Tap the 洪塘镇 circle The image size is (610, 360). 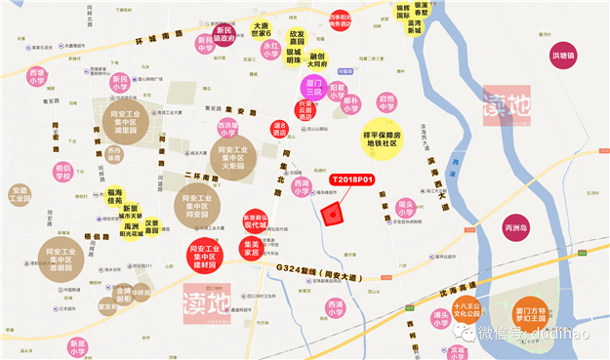point(562,52)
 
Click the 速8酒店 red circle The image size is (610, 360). point(280,128)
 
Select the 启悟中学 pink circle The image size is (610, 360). point(386,101)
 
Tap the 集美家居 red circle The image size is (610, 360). point(252,250)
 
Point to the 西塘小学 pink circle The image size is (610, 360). point(37,76)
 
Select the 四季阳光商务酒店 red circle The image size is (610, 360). point(339,22)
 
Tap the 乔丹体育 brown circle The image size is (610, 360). point(115,155)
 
